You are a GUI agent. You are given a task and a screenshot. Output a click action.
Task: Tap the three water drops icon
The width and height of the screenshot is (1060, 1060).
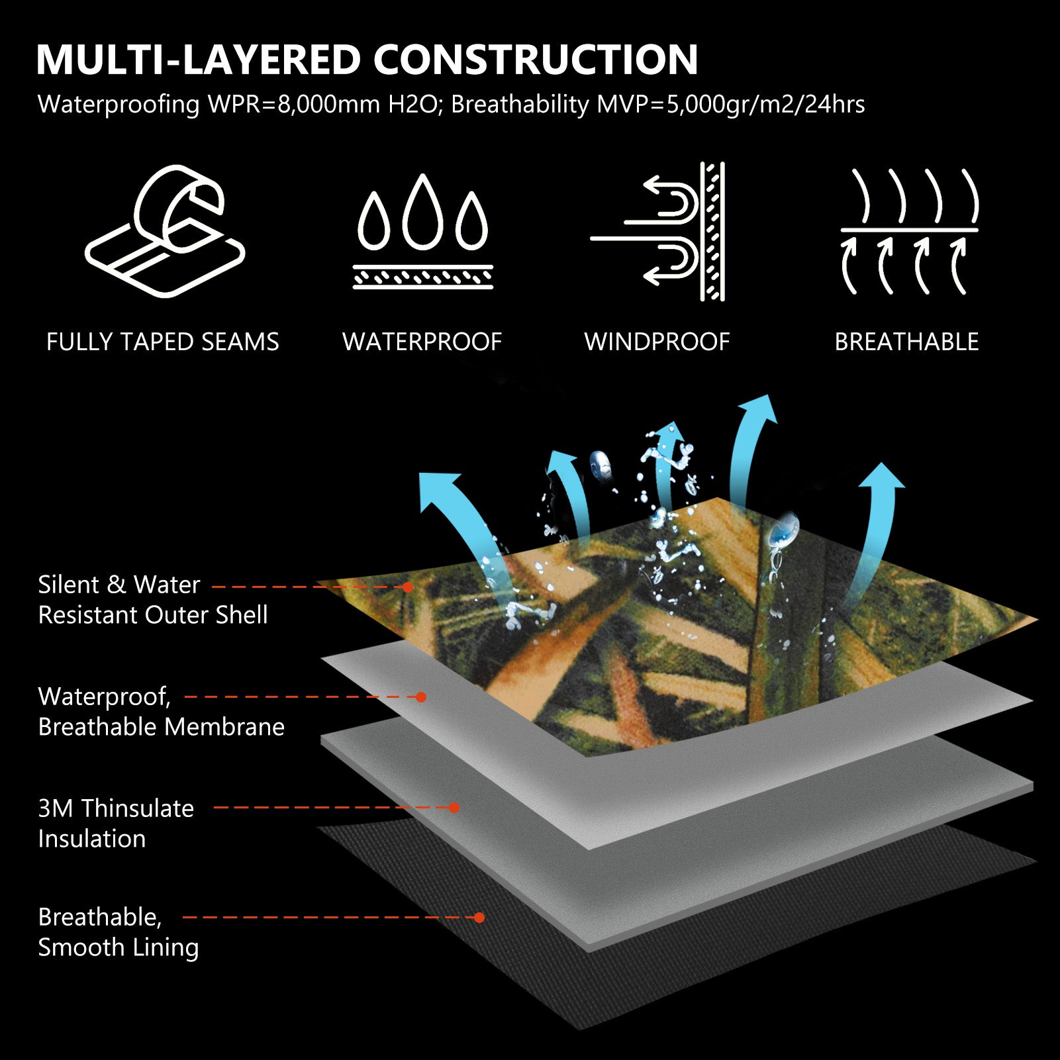(423, 232)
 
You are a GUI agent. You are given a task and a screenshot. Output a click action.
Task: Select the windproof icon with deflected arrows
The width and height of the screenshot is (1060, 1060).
(658, 231)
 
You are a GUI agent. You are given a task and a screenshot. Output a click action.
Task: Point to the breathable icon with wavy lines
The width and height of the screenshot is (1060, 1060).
(910, 231)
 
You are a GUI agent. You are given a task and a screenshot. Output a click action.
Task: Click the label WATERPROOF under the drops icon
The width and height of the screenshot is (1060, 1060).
(422, 342)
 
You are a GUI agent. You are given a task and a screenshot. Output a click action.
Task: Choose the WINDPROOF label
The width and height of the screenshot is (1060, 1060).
(657, 342)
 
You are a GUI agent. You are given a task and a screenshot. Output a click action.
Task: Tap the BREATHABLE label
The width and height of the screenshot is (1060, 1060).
(906, 342)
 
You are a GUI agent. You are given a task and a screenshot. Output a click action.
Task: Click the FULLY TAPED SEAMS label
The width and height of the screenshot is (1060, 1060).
(163, 342)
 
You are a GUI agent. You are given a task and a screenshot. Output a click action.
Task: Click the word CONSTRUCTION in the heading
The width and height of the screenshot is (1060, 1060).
(536, 60)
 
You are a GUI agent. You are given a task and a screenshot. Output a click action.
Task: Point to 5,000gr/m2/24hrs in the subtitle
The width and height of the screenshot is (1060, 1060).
(765, 105)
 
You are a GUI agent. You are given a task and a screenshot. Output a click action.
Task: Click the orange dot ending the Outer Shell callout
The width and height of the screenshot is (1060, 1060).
(408, 587)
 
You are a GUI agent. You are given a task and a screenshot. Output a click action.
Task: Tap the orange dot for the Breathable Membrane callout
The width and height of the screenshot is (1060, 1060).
(420, 697)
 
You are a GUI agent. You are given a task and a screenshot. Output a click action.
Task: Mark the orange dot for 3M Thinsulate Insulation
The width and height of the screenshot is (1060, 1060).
(454, 808)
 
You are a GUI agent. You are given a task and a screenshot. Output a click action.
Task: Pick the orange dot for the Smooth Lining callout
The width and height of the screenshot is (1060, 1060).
(479, 918)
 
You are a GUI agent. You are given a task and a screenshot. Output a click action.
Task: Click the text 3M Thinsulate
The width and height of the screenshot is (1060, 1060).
(116, 808)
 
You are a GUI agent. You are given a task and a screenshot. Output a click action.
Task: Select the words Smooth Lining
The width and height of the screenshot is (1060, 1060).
(119, 947)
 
